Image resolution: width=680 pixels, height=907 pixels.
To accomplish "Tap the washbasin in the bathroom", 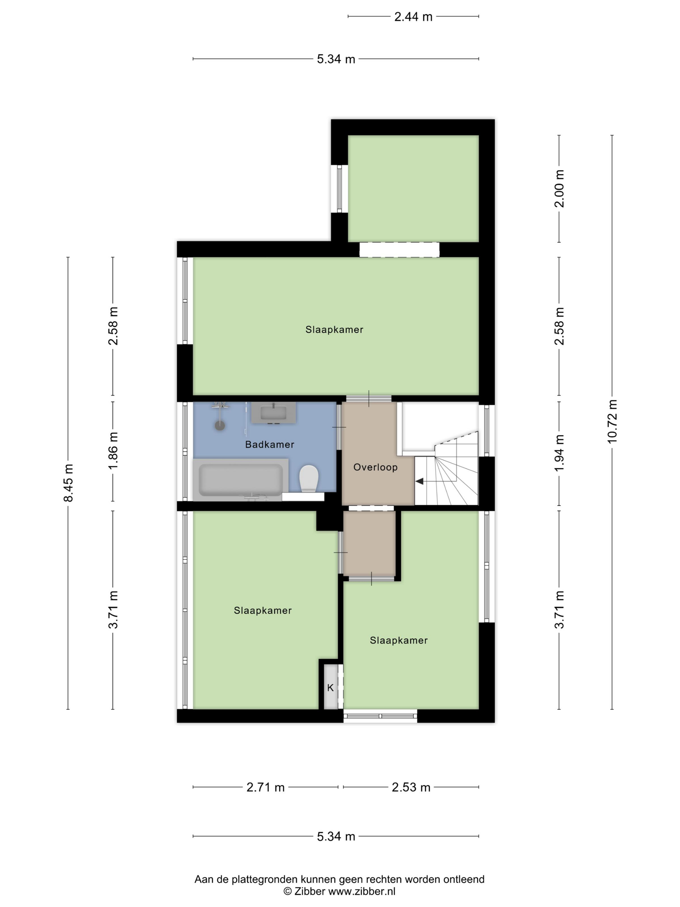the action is pos(273,412).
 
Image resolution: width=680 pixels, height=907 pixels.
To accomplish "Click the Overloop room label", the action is pos(375,467).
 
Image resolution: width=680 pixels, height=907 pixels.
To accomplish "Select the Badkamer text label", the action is pos(270,444).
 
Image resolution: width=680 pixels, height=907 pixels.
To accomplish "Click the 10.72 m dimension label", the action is pos(612,421).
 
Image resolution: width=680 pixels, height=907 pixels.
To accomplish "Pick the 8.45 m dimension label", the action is pos(68,483).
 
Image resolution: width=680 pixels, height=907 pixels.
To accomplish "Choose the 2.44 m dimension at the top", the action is pos(413,17).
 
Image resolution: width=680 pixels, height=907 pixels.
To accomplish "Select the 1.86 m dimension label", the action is pos(113,451).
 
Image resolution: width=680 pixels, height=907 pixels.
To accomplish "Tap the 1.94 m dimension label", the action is pos(560,453).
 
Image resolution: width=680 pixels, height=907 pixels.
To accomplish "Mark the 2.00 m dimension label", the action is pos(560,189).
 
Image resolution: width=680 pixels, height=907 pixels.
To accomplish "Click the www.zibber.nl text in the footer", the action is pos(362,891).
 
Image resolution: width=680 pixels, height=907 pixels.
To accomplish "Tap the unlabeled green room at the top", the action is pos(414,188).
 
